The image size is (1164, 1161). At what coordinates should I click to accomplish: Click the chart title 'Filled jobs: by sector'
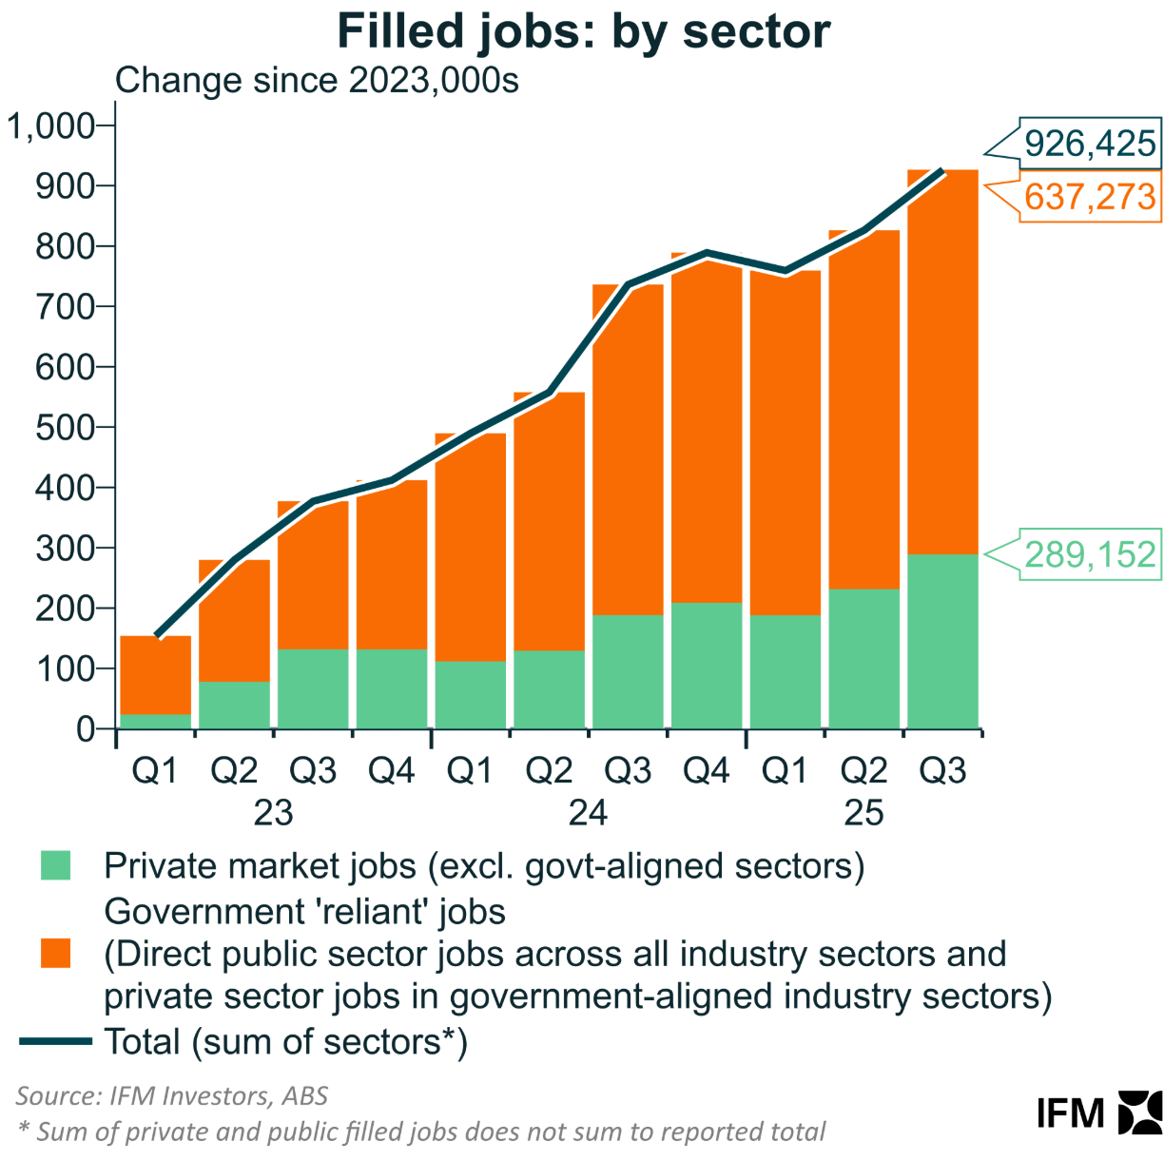click(x=583, y=32)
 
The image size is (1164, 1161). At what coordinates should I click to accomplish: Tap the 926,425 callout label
click(x=1089, y=144)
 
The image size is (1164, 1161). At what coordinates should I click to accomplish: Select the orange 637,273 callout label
click(x=1089, y=198)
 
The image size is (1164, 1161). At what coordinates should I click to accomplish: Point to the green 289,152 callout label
click(x=1089, y=554)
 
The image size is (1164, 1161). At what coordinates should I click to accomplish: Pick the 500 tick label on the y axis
click(x=65, y=427)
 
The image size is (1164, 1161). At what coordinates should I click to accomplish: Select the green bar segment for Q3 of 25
click(x=942, y=642)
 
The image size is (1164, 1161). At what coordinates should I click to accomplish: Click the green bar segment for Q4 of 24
click(x=706, y=666)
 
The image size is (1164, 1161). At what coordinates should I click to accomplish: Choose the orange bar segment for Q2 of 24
click(x=549, y=521)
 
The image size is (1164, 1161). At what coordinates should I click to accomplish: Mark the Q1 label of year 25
click(x=785, y=771)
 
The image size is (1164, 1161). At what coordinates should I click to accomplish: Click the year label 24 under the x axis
click(x=588, y=813)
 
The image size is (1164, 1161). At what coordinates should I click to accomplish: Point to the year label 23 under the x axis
click(x=273, y=813)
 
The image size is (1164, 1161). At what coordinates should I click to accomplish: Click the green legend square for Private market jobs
click(x=56, y=866)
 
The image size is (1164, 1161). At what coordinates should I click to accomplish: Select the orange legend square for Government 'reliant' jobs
click(x=56, y=954)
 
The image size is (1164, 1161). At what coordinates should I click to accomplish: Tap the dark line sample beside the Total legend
click(x=56, y=1042)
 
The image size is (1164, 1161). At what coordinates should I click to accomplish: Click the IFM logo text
click(x=1071, y=1113)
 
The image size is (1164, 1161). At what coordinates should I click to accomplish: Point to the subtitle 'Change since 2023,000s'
click(x=317, y=81)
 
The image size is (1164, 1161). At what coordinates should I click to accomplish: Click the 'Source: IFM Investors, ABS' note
click(x=172, y=1096)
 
